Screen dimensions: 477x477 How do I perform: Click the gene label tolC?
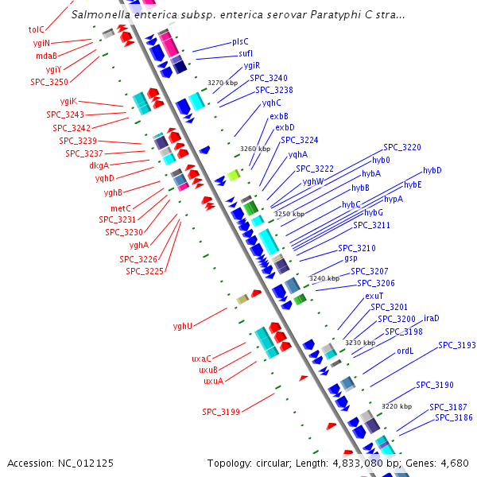(37, 29)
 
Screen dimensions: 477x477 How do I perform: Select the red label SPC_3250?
(49, 82)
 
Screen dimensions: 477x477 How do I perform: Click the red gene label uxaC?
(201, 359)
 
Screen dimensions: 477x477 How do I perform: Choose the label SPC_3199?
(221, 412)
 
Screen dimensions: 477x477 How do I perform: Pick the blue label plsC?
(240, 41)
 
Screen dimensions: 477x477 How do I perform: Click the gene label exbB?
(279, 116)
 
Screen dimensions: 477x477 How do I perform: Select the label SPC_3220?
(402, 147)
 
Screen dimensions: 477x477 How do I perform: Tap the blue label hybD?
(432, 170)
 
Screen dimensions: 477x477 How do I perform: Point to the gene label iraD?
(432, 318)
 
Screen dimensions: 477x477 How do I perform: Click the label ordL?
(405, 351)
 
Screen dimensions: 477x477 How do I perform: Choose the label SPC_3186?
(452, 417)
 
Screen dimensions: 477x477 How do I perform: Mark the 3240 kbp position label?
(324, 278)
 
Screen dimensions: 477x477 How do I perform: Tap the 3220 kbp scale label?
(397, 406)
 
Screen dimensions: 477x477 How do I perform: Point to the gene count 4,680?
(454, 463)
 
